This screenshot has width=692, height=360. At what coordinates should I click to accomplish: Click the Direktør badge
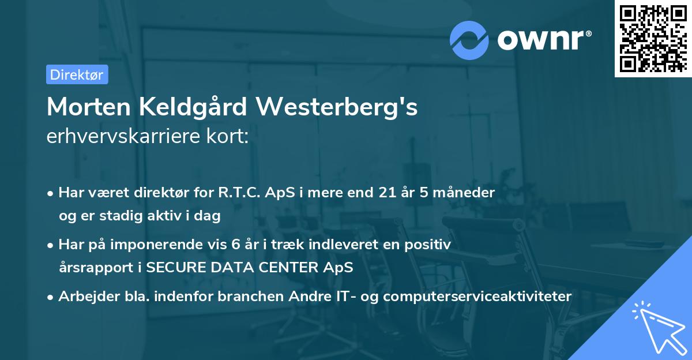coord(77,74)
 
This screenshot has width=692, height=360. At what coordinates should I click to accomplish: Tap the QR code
coord(652,38)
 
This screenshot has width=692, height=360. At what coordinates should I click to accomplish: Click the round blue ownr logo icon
coord(469,40)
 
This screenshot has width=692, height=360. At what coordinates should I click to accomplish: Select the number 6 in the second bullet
coord(235,245)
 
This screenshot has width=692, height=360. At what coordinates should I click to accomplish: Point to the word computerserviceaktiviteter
coord(477,297)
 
